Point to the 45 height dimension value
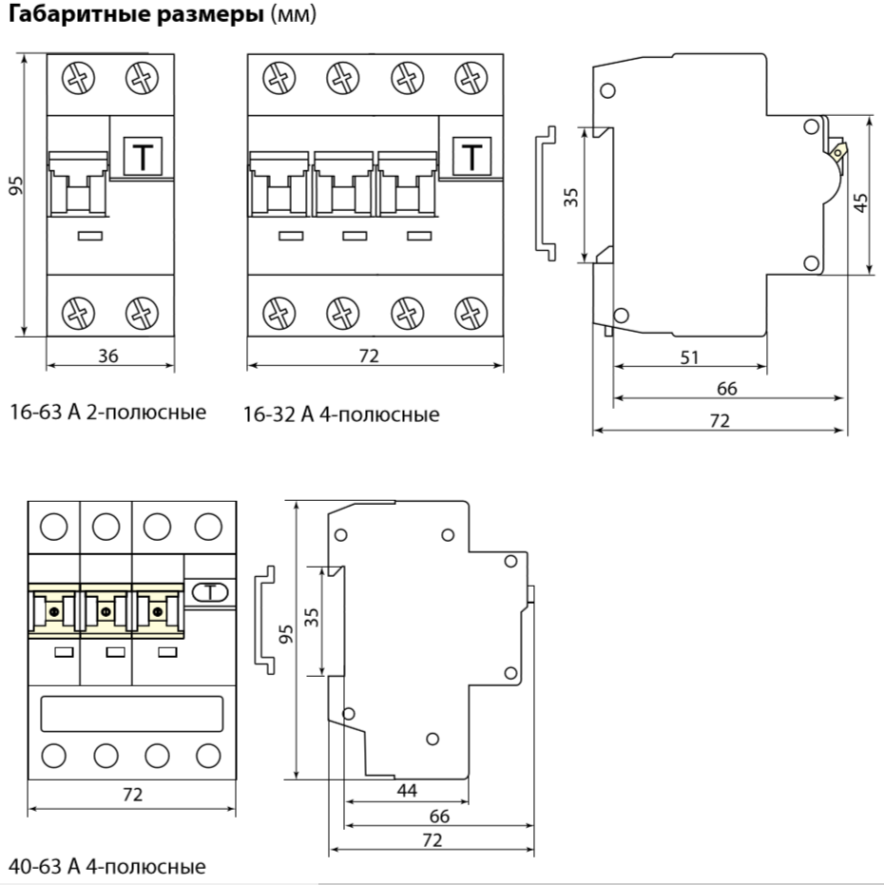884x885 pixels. pos(860,202)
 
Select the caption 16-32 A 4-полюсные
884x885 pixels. pos(341,414)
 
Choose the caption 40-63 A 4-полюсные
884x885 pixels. pos(107,867)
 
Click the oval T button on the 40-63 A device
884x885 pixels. pos(210,593)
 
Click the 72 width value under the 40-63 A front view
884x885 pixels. pos(133,795)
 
